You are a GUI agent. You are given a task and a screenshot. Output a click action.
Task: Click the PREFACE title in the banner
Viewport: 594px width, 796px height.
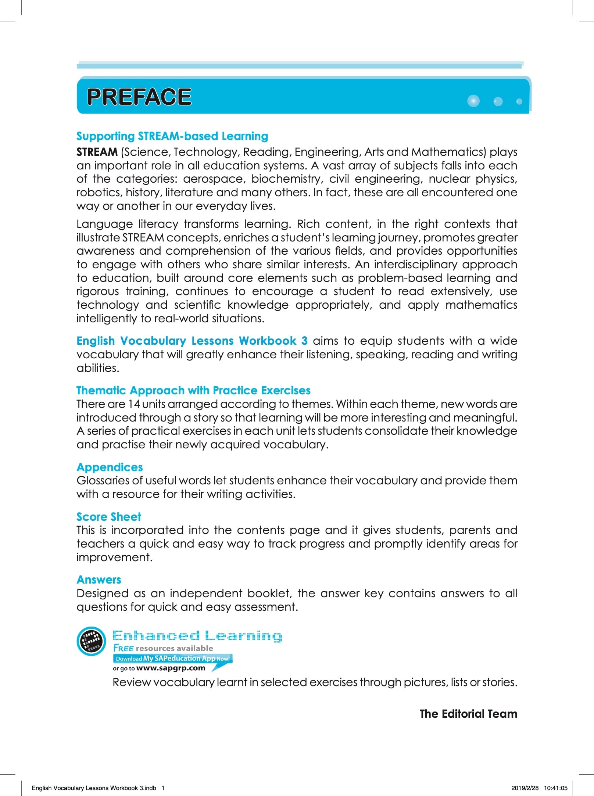pos(139,97)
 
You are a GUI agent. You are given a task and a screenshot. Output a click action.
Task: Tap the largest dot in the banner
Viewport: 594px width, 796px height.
pos(473,101)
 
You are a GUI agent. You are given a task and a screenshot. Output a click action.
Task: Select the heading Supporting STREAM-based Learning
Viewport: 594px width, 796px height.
pos(172,136)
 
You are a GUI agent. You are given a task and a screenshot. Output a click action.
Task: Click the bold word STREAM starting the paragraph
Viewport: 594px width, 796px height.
pos(97,152)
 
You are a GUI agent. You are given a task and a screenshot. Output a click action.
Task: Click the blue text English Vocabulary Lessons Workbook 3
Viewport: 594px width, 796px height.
pos(192,341)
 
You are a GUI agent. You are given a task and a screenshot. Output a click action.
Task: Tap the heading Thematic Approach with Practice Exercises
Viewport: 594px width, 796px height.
pos(193,390)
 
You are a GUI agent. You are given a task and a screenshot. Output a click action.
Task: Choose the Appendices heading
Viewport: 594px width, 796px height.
pos(110,467)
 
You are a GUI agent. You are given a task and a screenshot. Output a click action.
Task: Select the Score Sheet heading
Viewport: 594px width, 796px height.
pos(108,517)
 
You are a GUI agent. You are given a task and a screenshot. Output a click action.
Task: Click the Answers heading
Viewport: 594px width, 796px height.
pos(99,580)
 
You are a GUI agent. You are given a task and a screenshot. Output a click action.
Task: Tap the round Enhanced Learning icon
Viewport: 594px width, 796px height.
pos(91,641)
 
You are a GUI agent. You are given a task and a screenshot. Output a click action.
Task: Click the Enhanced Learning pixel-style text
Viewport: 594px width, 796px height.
pos(197,636)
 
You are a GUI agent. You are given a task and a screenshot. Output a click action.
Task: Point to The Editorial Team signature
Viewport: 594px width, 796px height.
pos(468,714)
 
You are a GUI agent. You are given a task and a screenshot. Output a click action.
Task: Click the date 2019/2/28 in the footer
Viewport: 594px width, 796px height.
pos(525,788)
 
